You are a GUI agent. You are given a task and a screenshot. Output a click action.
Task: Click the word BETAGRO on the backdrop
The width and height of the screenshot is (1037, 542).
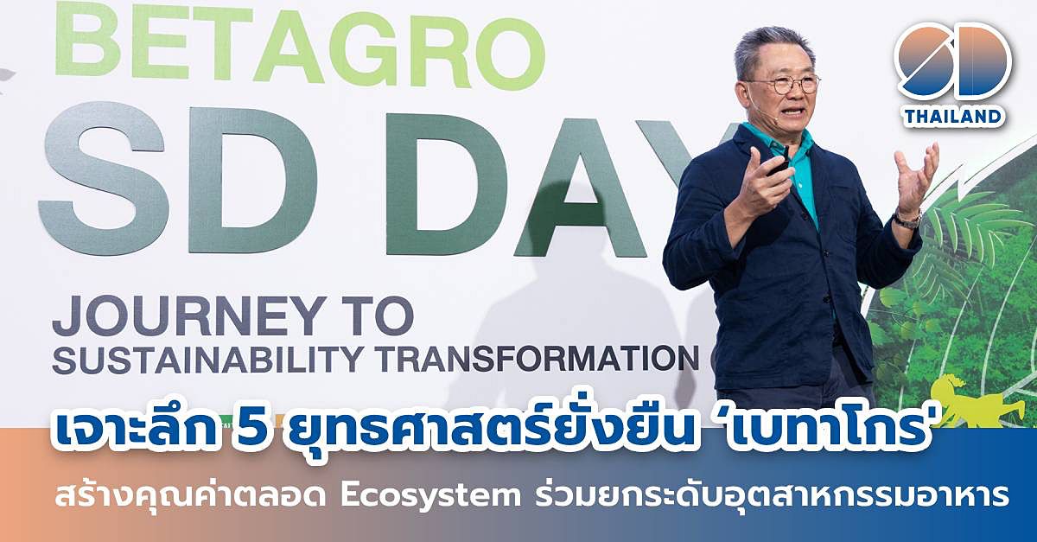pos(300,44)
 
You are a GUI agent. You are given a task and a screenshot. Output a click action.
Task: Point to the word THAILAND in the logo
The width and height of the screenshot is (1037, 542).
pos(954,117)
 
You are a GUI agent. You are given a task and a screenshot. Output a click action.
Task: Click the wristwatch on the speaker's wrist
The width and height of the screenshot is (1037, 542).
pos(908,219)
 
